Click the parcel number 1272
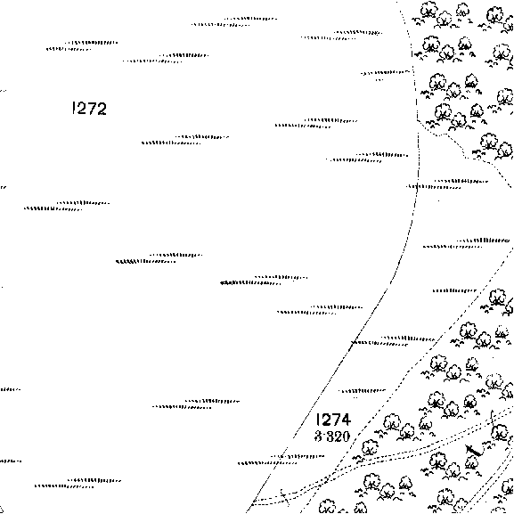click(x=89, y=109)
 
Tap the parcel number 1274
click(x=333, y=420)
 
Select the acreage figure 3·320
click(x=332, y=436)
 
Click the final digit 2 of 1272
click(x=102, y=109)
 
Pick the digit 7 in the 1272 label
click(x=91, y=109)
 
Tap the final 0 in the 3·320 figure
click(x=345, y=436)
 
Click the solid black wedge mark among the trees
click(x=474, y=451)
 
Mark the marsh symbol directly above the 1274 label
click(x=363, y=391)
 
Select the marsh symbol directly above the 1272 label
click(x=82, y=46)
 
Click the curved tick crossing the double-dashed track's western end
click(x=284, y=497)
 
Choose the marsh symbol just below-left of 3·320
click(x=281, y=460)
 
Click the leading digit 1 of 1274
click(x=318, y=420)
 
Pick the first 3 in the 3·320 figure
click(x=318, y=436)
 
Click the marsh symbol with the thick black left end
click(x=264, y=281)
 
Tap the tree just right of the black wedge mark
click(x=500, y=433)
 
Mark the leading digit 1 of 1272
click(x=73, y=108)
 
